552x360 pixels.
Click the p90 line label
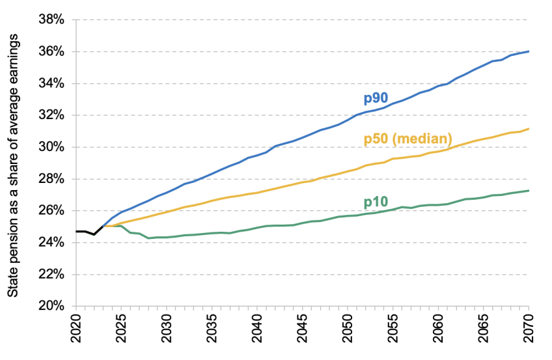376,99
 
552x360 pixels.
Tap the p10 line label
376,203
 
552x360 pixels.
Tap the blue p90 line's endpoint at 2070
528,51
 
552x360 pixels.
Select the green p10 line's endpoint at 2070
528,191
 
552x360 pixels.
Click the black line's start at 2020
77,231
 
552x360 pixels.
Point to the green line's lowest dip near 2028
148,238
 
